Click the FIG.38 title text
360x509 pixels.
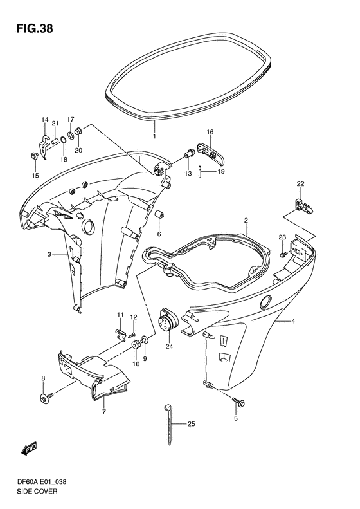coord(35,29)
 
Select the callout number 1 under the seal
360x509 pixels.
coord(154,136)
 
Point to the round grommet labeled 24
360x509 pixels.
coord(168,320)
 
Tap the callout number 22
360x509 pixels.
coord(300,184)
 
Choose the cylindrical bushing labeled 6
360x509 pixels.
coord(159,216)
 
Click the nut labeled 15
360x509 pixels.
coord(33,156)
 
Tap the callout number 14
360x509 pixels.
coord(45,120)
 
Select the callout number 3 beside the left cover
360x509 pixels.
coord(49,254)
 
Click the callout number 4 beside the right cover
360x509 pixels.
coord(293,321)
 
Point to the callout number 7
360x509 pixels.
coord(104,412)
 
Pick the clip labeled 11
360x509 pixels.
coord(121,333)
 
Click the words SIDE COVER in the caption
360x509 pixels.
coord(37,492)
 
